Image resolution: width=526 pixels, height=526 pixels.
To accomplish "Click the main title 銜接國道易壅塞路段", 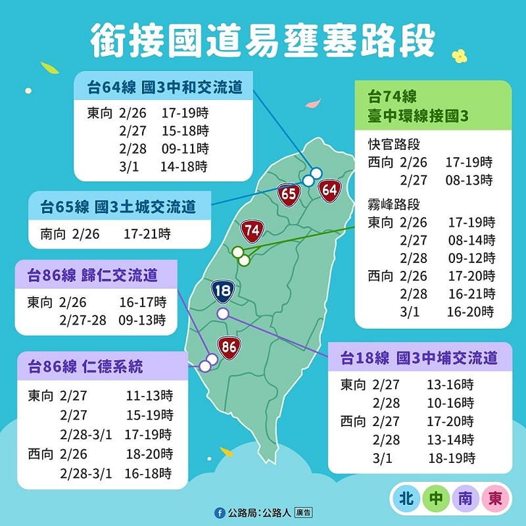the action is coord(263,41).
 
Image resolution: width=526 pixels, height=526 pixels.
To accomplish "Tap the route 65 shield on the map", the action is coord(289,195).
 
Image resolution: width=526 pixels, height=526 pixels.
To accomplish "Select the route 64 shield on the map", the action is coord(329,191).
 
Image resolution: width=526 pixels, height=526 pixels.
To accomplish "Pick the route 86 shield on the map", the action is coord(228,347).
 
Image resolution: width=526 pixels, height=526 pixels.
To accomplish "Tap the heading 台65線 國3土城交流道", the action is coord(118,207).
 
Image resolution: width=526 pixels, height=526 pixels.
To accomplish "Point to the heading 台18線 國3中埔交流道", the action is coord(419,358).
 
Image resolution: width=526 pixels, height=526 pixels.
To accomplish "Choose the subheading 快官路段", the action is coord(394,145).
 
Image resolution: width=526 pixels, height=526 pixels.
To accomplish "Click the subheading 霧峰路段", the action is coord(394,204).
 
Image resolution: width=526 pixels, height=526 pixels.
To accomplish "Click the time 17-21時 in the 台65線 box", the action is coord(147,233).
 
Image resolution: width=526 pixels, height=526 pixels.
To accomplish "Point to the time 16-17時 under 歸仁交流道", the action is coord(143,303).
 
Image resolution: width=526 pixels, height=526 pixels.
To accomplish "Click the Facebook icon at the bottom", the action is coord(219,512).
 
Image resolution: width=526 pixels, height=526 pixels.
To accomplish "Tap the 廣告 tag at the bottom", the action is coord(303,512).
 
